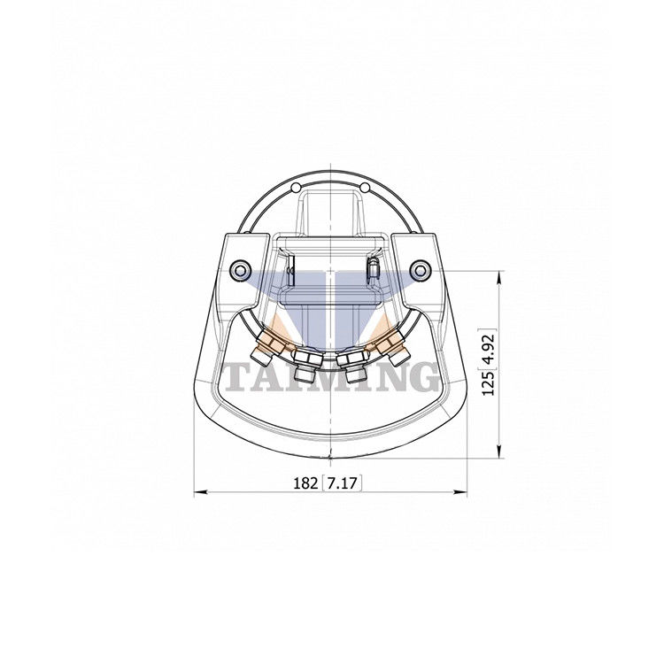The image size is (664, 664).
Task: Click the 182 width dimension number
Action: (x=305, y=483)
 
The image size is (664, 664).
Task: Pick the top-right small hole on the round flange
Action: (x=365, y=187)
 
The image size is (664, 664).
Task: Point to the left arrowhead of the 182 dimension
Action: (x=198, y=493)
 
